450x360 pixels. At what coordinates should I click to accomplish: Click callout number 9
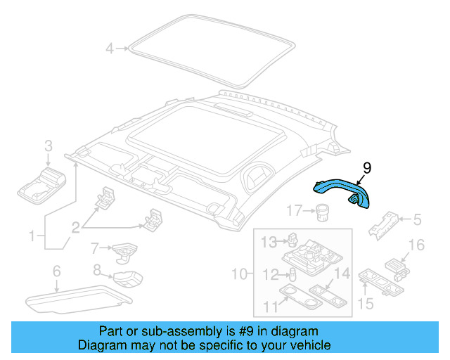click(366, 168)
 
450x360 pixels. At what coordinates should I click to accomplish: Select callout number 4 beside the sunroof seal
click(110, 49)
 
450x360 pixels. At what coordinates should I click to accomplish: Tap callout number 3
click(49, 146)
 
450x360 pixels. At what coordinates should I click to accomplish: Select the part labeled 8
click(127, 278)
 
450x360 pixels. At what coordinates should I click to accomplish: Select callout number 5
click(417, 220)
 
